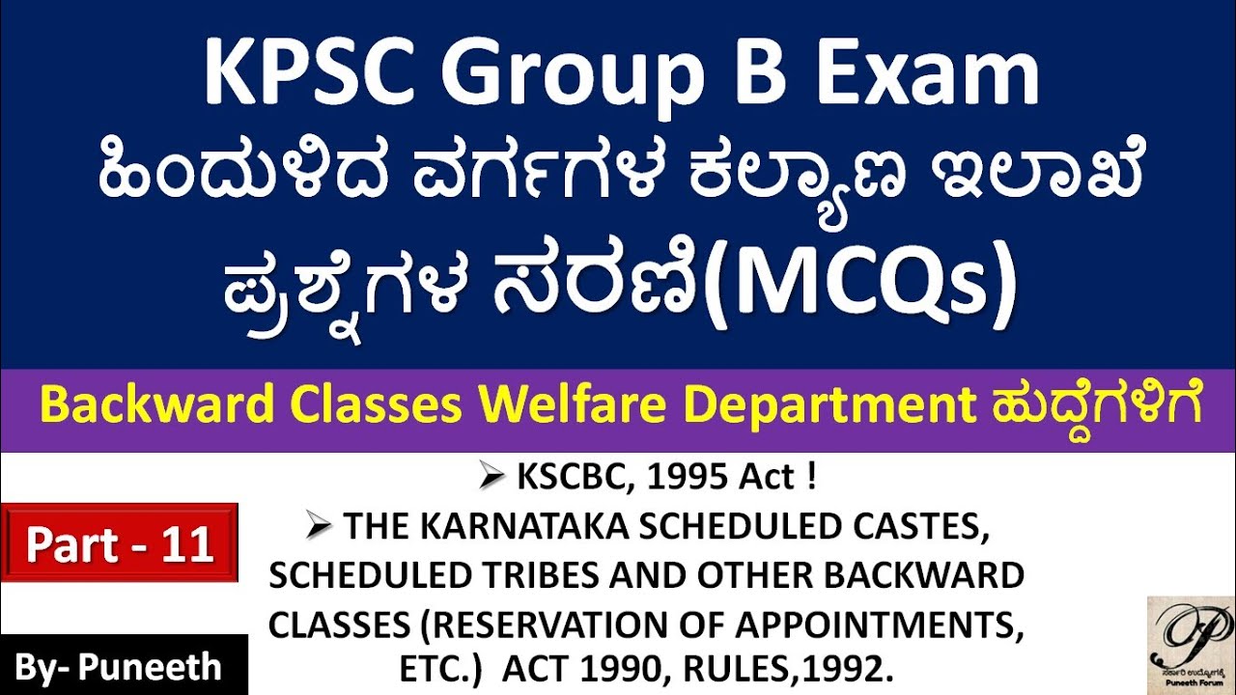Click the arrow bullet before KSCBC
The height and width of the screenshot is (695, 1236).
[493, 477]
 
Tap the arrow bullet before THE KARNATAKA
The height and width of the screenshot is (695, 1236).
[320, 527]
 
